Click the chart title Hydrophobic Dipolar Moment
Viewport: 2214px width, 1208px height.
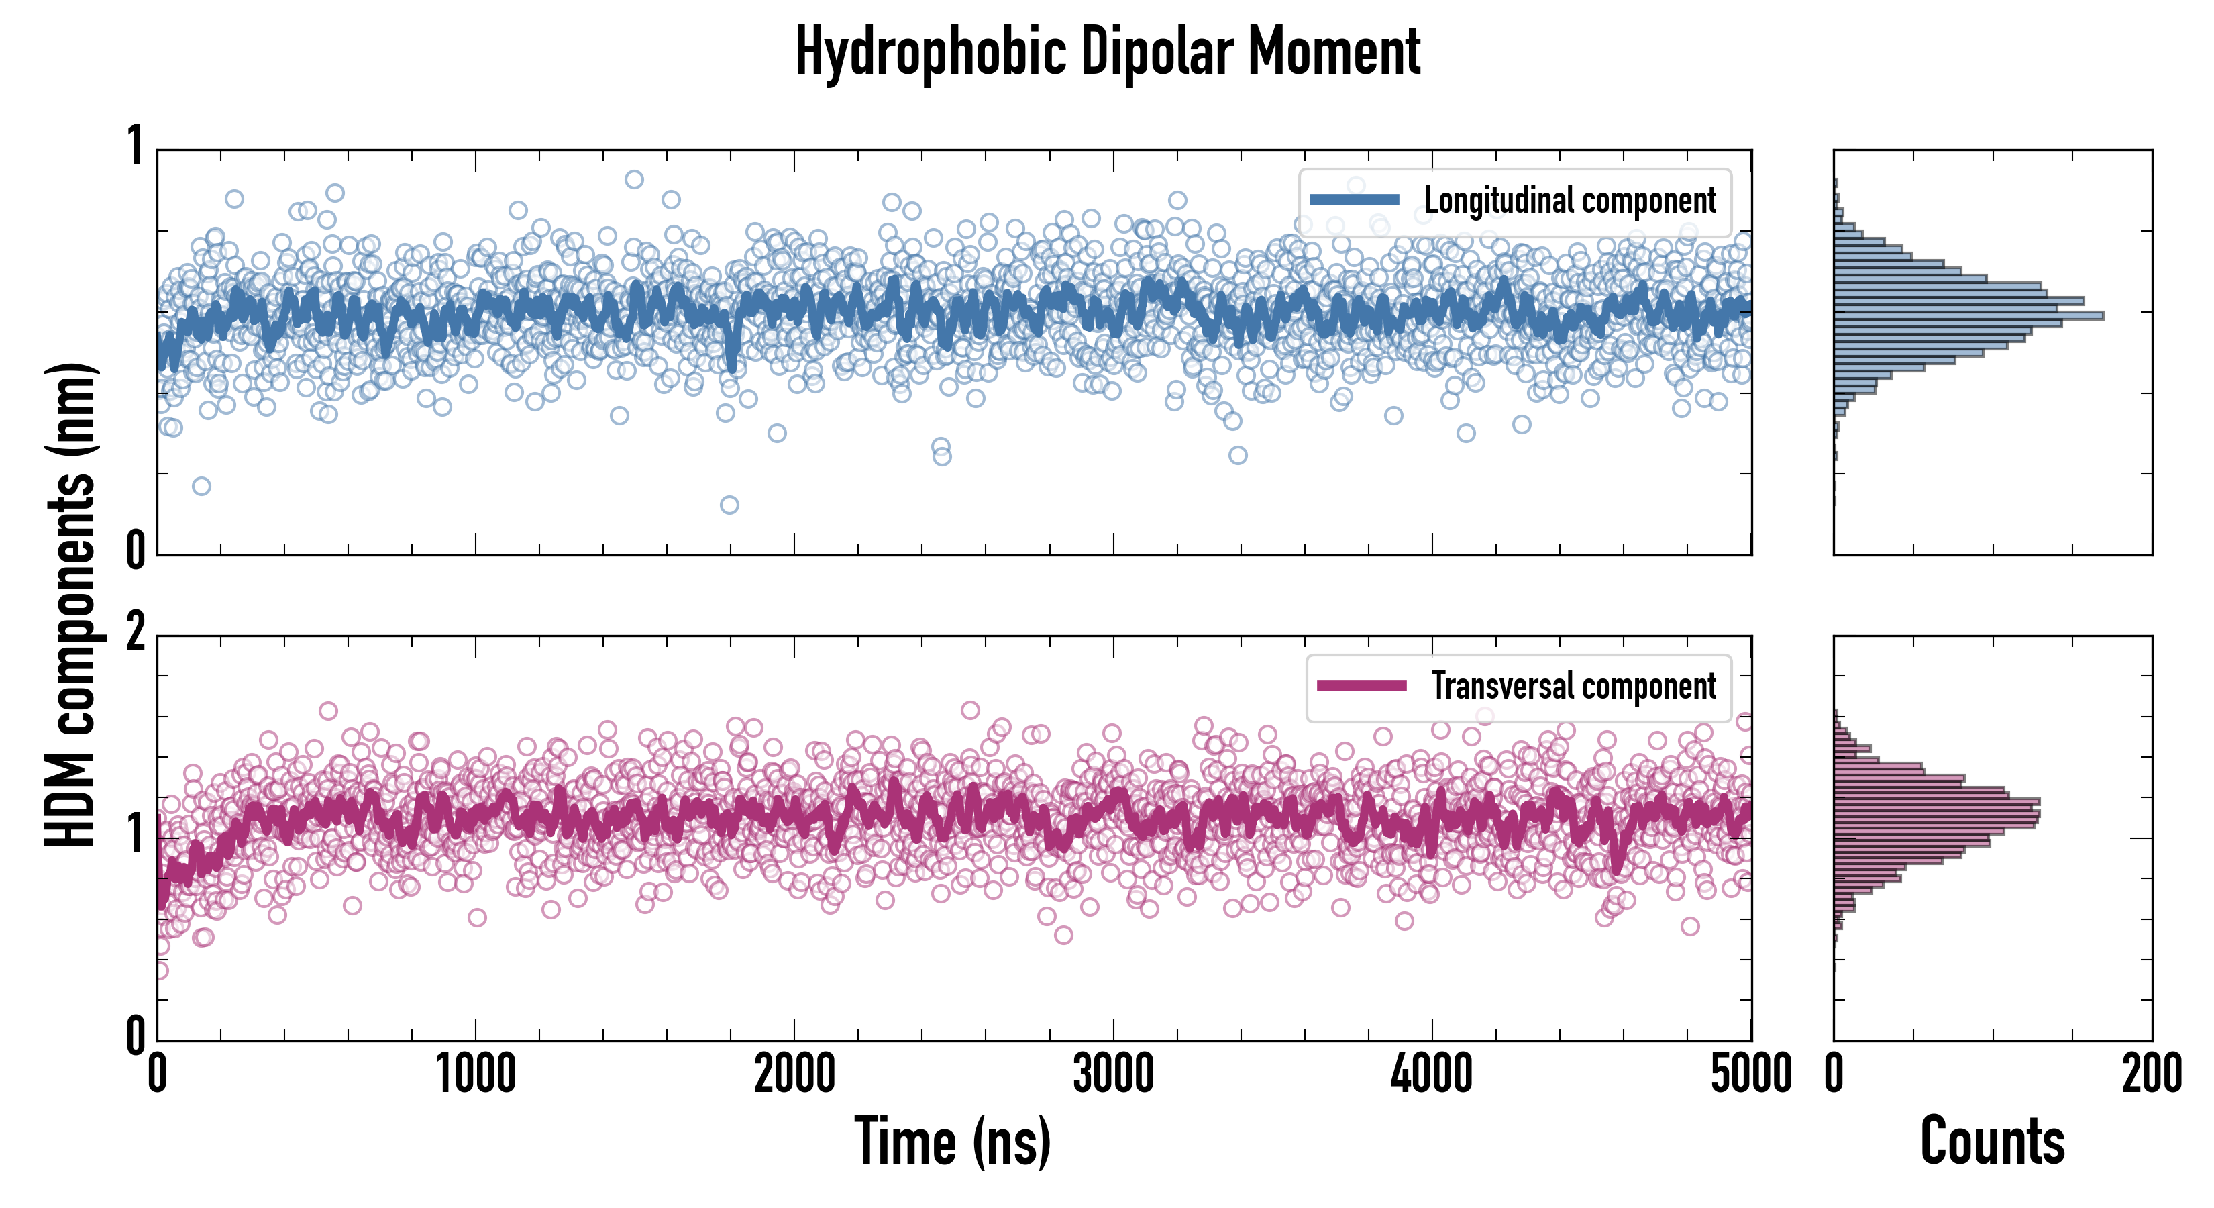(1107, 52)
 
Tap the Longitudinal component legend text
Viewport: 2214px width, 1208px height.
(1569, 201)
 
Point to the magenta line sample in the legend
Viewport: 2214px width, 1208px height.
(1361, 686)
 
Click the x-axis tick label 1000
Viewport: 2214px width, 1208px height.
(475, 1074)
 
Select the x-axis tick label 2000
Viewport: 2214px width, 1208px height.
(794, 1074)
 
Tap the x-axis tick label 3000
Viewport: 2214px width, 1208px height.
(1113, 1074)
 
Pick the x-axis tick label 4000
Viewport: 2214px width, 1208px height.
(1432, 1074)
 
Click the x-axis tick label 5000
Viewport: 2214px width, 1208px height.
(1751, 1074)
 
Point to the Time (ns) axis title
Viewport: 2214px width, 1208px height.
(952, 1142)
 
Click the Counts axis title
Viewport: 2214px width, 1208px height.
(1992, 1142)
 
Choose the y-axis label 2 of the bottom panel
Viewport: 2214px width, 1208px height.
(135, 634)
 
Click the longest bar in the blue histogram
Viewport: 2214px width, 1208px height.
(1968, 316)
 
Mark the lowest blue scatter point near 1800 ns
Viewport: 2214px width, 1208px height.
(729, 505)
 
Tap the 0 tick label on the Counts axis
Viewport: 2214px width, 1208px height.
(1834, 1074)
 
